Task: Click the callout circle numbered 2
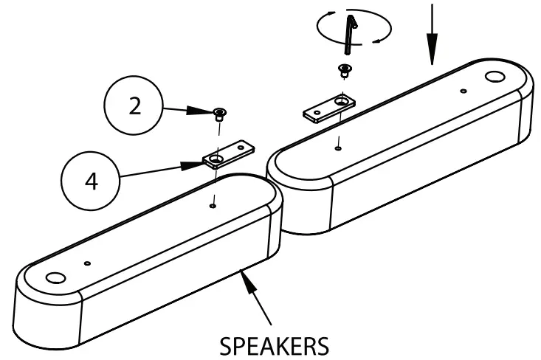click(134, 106)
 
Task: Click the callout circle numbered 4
click(92, 181)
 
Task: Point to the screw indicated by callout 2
click(218, 113)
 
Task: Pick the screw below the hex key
click(344, 71)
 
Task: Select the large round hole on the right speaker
click(494, 76)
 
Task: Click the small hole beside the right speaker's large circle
click(463, 91)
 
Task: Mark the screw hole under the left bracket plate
click(213, 206)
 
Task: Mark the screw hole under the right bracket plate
click(337, 148)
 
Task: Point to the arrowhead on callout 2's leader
click(204, 111)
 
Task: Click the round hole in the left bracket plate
click(217, 159)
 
